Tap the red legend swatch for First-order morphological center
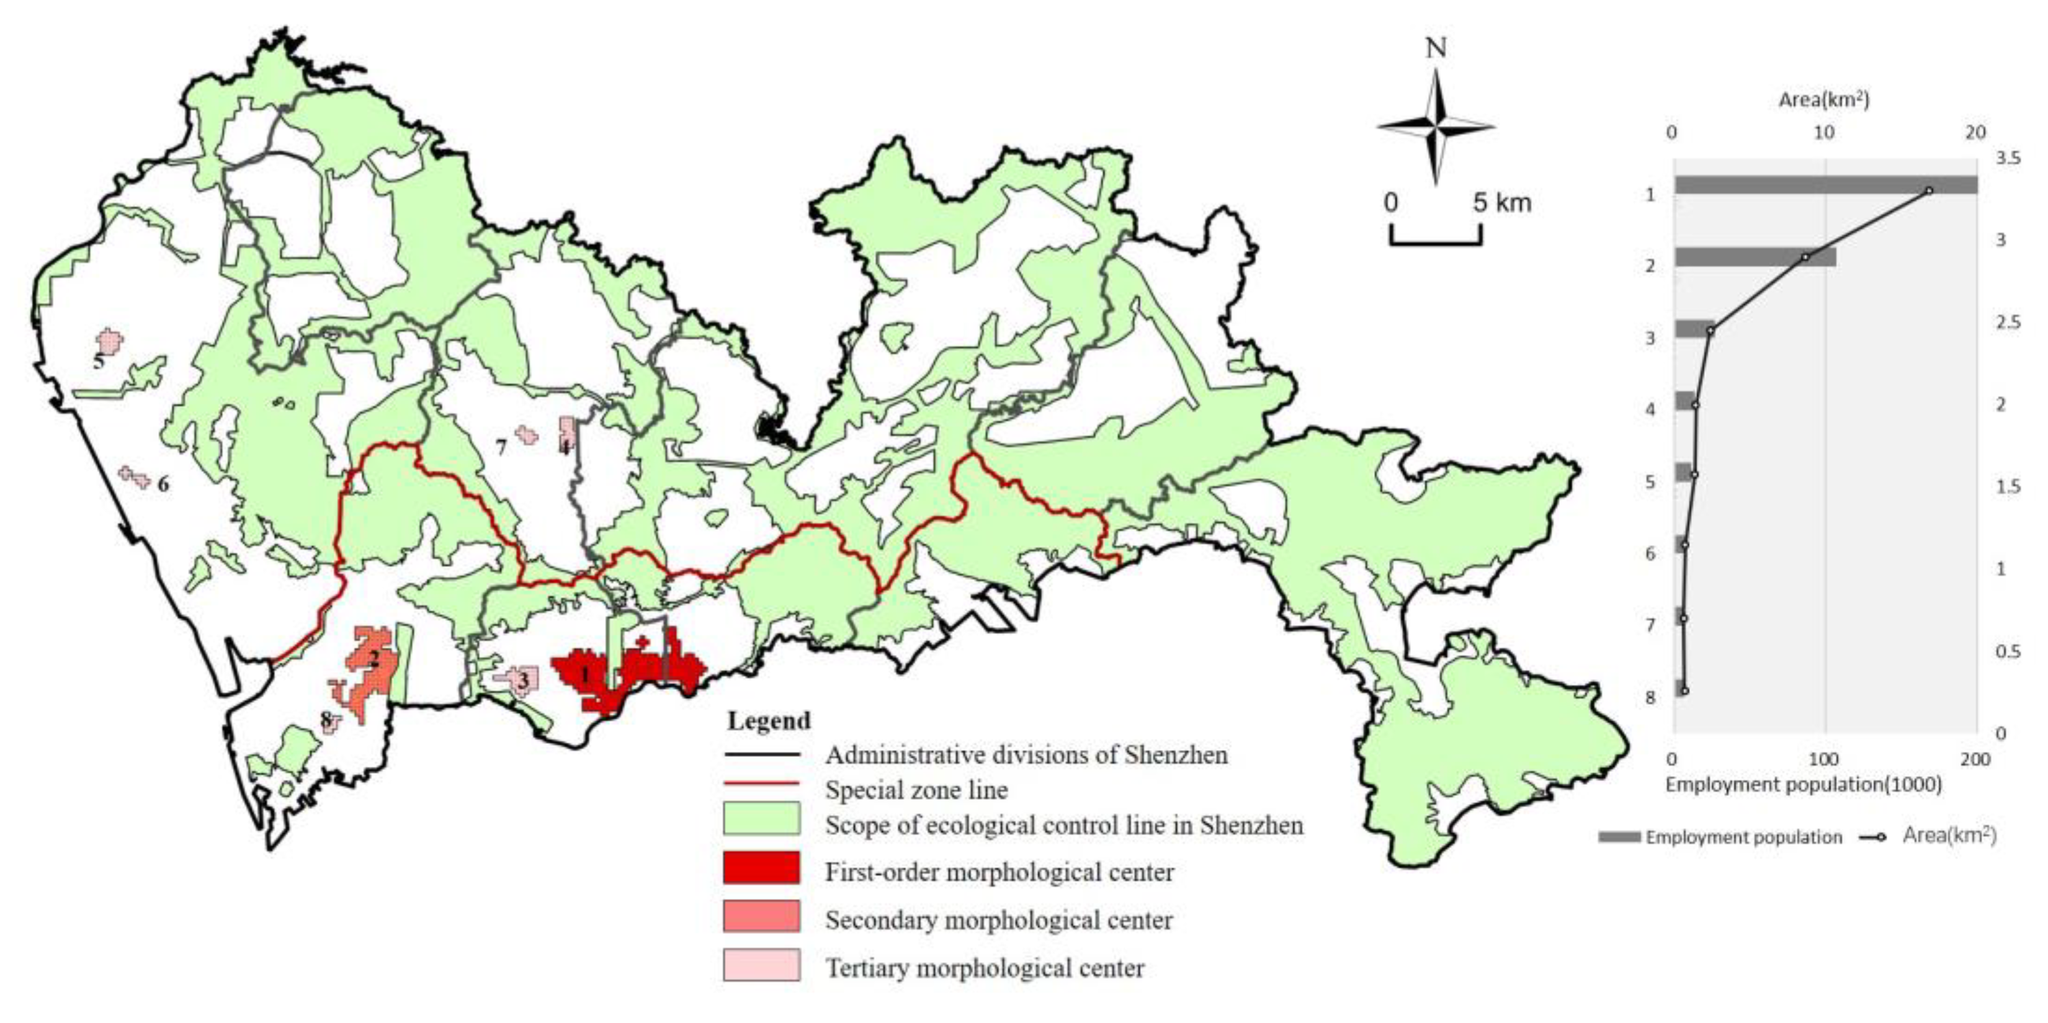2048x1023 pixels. point(761,867)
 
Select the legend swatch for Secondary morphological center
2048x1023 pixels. point(761,915)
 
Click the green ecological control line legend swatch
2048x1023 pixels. point(761,818)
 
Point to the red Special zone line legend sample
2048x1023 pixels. point(761,784)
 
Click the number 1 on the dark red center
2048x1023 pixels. point(585,675)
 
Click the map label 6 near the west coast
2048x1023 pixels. point(163,483)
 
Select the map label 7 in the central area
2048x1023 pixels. point(501,447)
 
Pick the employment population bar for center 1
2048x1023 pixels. point(1825,185)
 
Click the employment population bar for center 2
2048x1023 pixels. point(1755,257)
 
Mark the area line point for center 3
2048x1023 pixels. point(1710,330)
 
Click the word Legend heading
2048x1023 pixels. point(768,721)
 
